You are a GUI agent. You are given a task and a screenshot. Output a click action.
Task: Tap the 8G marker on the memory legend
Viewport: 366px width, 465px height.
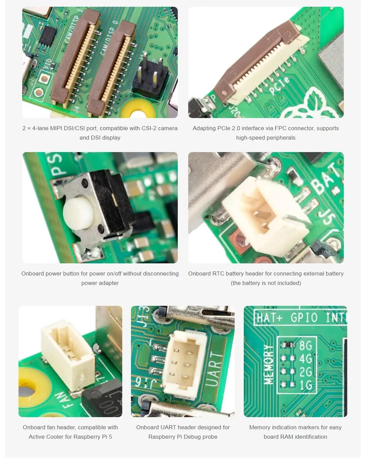pyautogui.click(x=305, y=346)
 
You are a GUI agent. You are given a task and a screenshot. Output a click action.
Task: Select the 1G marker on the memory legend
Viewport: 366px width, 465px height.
pyautogui.click(x=305, y=385)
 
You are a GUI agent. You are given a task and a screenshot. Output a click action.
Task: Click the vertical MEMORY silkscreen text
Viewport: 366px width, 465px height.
pyautogui.click(x=268, y=364)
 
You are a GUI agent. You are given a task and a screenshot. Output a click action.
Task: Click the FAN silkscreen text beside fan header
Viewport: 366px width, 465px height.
pyautogui.click(x=63, y=400)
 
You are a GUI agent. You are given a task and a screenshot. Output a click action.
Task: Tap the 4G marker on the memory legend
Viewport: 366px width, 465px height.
pyautogui.click(x=305, y=358)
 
